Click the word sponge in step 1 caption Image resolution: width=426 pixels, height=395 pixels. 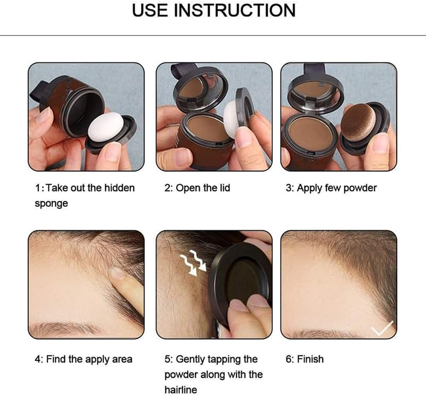pos(51,203)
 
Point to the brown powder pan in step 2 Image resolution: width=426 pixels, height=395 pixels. pos(207,129)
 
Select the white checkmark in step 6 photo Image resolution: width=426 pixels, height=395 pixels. pos(382,327)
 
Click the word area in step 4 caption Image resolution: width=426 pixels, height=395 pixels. pos(121,359)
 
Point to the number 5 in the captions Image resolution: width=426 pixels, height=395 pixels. pos(167,359)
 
